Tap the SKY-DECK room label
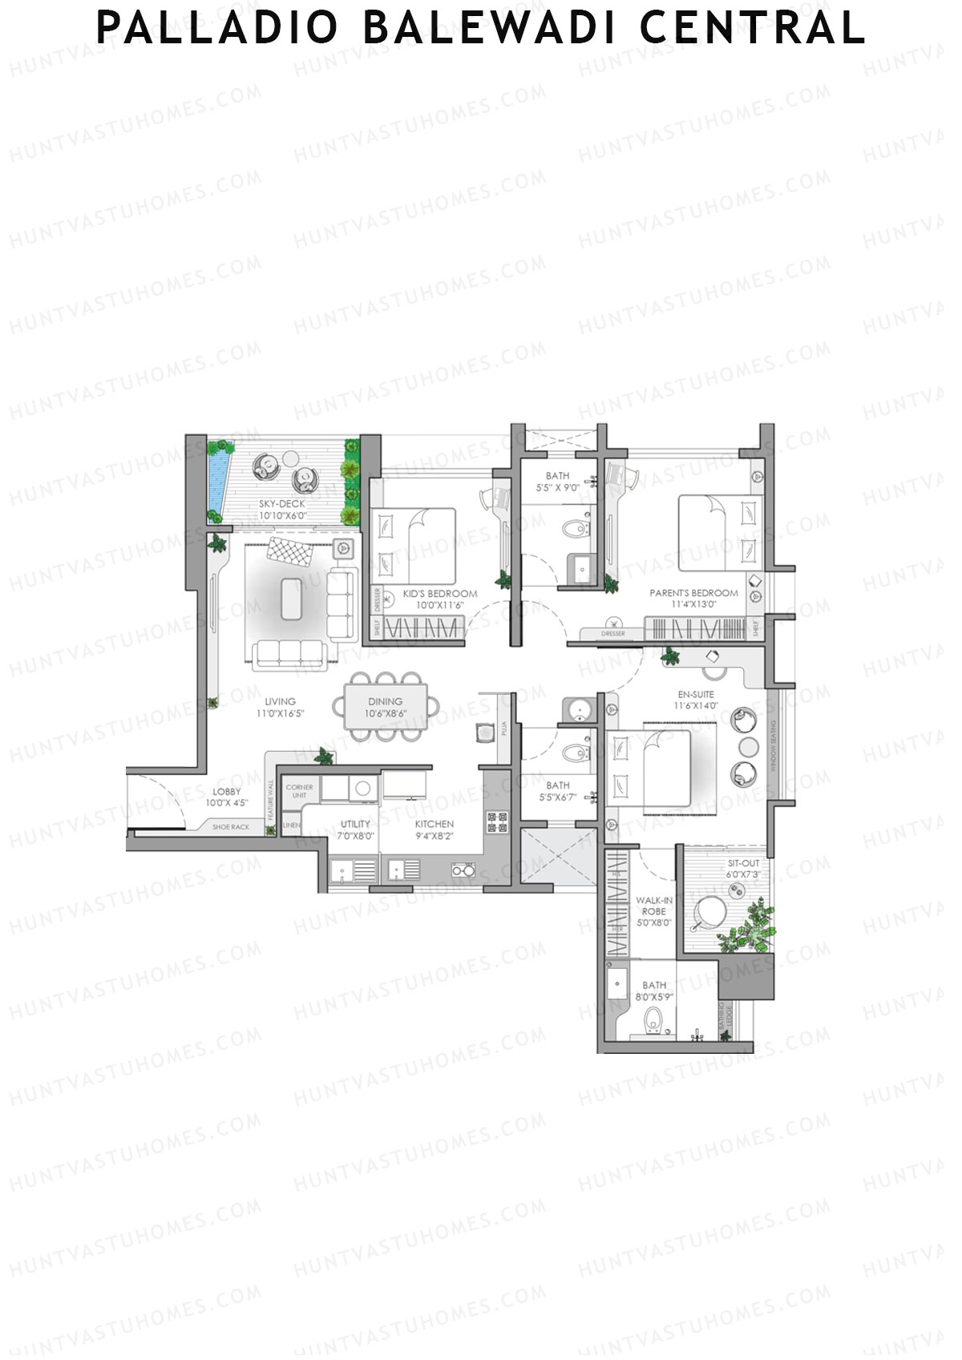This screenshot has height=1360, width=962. pyautogui.click(x=282, y=504)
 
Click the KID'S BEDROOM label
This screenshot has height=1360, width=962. pyautogui.click(x=440, y=594)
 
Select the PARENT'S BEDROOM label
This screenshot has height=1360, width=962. pyautogui.click(x=693, y=593)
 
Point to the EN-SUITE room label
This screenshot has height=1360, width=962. pyautogui.click(x=695, y=695)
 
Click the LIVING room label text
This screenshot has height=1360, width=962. pyautogui.click(x=281, y=701)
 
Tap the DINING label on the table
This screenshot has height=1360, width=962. pyautogui.click(x=386, y=701)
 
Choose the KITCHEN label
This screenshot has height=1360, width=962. pyautogui.click(x=435, y=824)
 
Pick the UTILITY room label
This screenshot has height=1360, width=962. pyautogui.click(x=356, y=824)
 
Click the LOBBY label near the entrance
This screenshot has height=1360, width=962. pyautogui.click(x=227, y=792)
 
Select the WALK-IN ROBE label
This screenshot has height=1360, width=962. pyautogui.click(x=653, y=906)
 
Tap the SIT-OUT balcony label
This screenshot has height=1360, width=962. pyautogui.click(x=743, y=864)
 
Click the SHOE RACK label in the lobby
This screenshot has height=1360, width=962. pyautogui.click(x=231, y=826)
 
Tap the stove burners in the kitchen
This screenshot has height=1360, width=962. pyautogui.click(x=496, y=822)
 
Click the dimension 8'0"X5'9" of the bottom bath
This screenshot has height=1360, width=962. pyautogui.click(x=654, y=997)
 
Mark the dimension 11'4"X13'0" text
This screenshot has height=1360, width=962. pyautogui.click(x=693, y=605)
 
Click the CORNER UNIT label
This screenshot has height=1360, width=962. pyautogui.click(x=299, y=791)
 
